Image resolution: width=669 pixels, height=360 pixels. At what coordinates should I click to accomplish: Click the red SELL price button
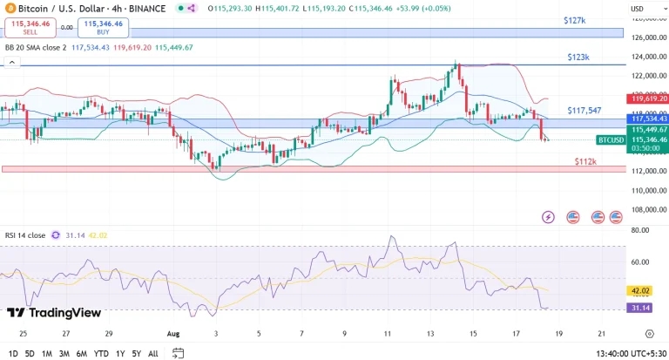[x=30, y=28]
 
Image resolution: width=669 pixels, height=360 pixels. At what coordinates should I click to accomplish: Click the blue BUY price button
[x=103, y=28]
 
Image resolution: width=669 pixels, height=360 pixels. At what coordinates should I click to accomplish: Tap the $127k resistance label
[x=574, y=19]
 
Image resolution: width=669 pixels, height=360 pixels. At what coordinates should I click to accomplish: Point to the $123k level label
[x=578, y=57]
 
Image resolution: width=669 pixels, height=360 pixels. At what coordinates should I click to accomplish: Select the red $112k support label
[x=585, y=161]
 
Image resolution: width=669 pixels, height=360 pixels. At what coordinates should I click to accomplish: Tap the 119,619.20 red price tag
[x=645, y=98]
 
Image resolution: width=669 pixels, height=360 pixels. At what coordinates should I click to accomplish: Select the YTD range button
[x=101, y=353]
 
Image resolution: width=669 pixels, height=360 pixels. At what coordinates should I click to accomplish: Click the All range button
[x=153, y=353]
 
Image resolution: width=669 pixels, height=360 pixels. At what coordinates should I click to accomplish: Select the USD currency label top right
[x=637, y=9]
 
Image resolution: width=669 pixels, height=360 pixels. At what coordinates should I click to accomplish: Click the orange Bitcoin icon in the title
[x=10, y=8]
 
